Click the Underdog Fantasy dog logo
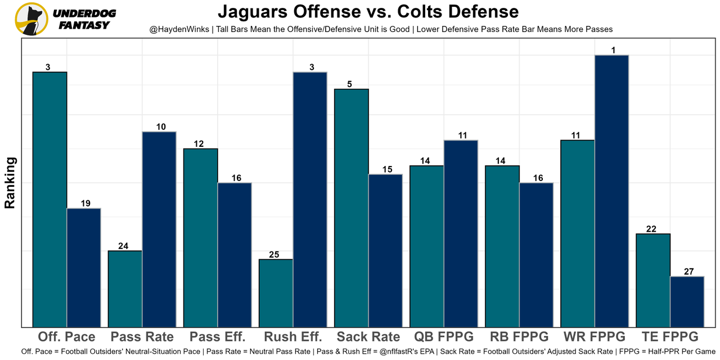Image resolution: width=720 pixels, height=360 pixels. click(31, 19)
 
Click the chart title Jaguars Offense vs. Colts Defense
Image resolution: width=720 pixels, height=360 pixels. click(368, 11)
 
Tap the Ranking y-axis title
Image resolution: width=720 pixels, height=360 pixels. click(10, 183)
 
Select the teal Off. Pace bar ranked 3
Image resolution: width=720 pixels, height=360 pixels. click(50, 200)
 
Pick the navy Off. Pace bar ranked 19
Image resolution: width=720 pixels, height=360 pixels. click(84, 268)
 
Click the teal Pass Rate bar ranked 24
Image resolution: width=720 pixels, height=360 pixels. click(125, 289)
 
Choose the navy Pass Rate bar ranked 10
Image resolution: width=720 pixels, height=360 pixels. click(159, 229)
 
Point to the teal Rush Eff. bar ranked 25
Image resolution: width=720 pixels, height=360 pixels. click(276, 293)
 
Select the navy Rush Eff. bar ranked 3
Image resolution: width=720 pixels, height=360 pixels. click(310, 200)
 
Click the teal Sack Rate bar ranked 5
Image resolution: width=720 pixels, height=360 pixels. click(352, 208)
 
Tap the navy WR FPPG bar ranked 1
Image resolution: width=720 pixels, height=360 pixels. click(611, 191)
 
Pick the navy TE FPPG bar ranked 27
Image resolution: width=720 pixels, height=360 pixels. click(687, 301)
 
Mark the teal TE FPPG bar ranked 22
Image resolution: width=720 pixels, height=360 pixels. click(653, 280)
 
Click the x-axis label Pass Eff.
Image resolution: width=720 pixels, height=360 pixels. click(218, 337)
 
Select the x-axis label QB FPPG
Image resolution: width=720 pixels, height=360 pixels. click(444, 337)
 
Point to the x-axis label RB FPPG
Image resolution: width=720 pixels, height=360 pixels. click(519, 337)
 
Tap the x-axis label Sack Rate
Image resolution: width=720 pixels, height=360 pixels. click(368, 337)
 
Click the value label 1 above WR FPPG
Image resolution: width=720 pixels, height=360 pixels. click(613, 51)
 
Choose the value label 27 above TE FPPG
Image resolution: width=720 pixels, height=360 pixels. click(688, 272)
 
